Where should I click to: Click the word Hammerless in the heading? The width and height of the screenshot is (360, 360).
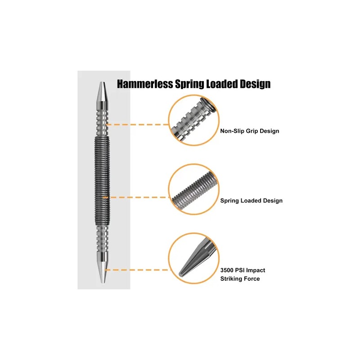pyautogui.click(x=145, y=84)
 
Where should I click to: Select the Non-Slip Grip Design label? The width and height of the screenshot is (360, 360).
pyautogui.click(x=250, y=131)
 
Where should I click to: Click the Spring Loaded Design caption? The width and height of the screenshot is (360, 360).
pyautogui.click(x=252, y=201)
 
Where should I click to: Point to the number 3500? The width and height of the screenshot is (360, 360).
pyautogui.click(x=227, y=270)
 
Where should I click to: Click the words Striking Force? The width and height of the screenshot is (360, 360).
pyautogui.click(x=240, y=279)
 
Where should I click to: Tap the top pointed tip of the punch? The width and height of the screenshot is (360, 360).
pyautogui.click(x=102, y=82)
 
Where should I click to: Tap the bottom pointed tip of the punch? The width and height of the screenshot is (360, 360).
pyautogui.click(x=103, y=283)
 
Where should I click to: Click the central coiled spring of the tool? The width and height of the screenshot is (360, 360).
pyautogui.click(x=102, y=181)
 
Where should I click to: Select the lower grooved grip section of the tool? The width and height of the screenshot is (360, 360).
pyautogui.click(x=103, y=239)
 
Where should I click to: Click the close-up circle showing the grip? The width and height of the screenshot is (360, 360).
pyautogui.click(x=194, y=120)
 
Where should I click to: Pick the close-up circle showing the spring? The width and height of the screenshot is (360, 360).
pyautogui.click(x=194, y=189)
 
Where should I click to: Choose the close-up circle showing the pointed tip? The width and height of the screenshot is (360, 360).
pyautogui.click(x=194, y=258)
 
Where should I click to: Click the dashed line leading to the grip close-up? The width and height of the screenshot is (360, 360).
pyautogui.click(x=138, y=125)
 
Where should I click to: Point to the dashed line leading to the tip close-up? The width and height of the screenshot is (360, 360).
pyautogui.click(x=137, y=270)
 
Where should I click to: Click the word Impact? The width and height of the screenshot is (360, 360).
pyautogui.click(x=255, y=270)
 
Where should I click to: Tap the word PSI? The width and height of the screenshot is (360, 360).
pyautogui.click(x=239, y=270)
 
